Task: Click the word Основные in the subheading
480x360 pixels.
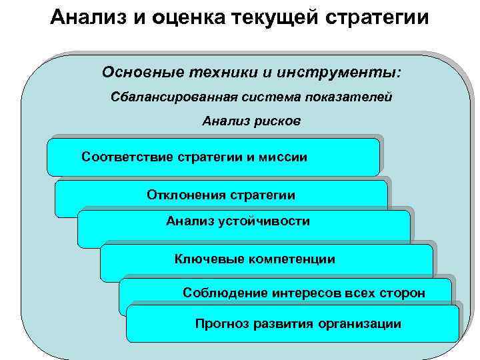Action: [140, 71]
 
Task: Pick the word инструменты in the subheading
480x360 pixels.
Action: [340, 71]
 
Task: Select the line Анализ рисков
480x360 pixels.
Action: [251, 121]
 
